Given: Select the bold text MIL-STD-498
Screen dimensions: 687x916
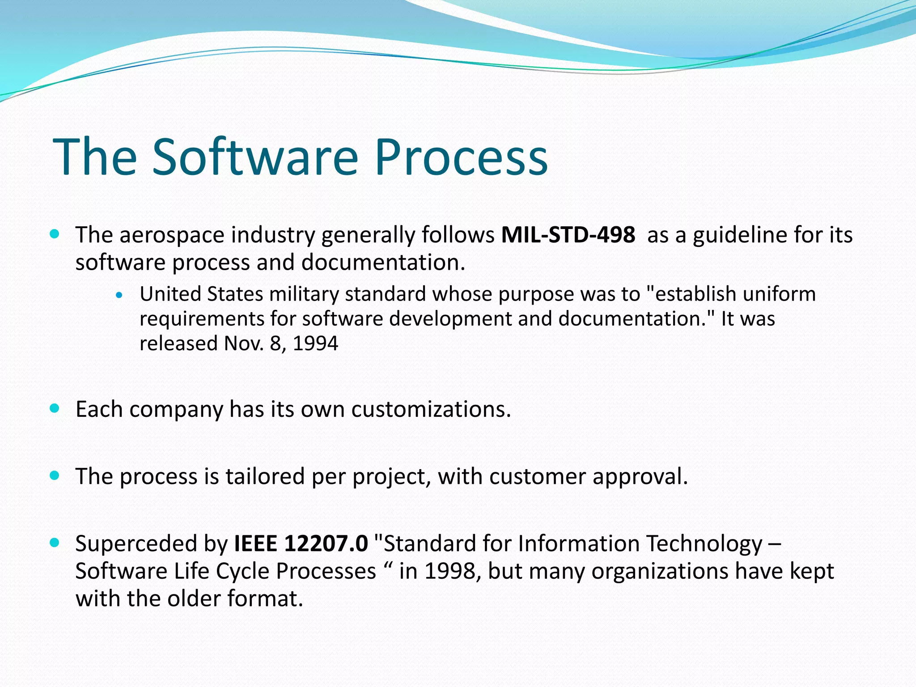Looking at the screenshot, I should tap(568, 235).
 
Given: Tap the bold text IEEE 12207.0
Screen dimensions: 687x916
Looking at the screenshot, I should tap(301, 543).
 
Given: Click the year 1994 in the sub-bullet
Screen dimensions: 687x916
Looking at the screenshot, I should tap(315, 343).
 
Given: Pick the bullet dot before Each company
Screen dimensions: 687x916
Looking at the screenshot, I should tap(55, 408).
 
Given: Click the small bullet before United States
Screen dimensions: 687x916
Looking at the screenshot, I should tap(119, 295).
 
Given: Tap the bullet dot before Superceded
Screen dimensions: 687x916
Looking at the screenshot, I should tap(55, 543).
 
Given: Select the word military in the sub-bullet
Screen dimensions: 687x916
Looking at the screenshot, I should tap(304, 294).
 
